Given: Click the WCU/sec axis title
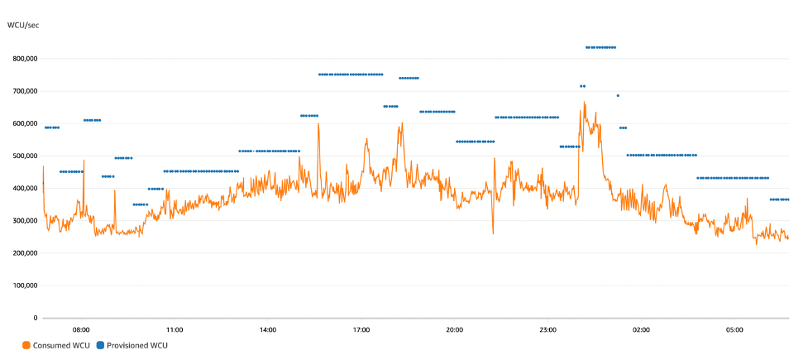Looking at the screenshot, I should pos(23,26).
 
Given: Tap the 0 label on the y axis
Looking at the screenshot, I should pos(36,318).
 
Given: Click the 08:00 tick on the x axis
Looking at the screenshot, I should pos(81,330).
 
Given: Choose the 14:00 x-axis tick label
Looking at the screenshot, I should pos(267,330).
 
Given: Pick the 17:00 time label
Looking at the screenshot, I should pos(361,330).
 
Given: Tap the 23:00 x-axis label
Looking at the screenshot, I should pos(547,330).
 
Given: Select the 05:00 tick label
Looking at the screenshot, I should pos(734,330).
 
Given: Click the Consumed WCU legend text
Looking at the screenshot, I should pos(53,344).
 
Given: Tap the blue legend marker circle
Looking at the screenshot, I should pos(101,344).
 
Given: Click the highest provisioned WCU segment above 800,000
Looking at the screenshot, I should pos(600,47).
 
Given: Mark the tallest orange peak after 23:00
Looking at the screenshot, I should pos(584,103).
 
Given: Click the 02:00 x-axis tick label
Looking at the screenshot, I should pos(641,330).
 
